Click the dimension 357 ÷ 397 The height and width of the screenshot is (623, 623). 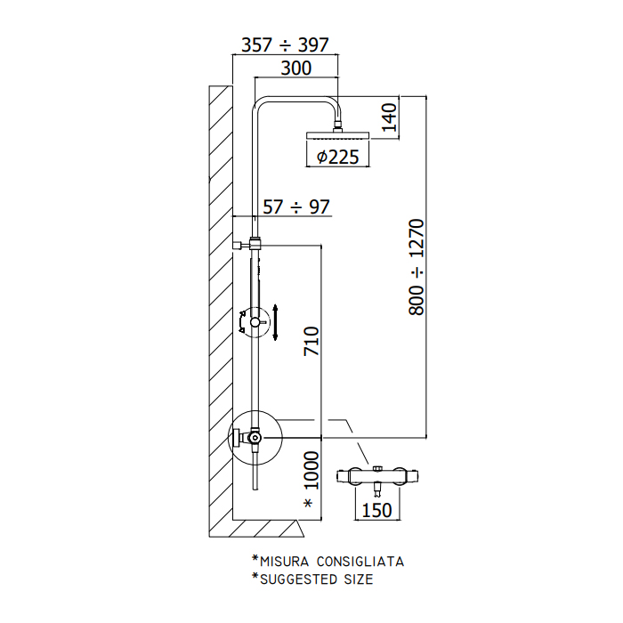click(286, 44)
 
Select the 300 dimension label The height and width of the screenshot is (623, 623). click(296, 69)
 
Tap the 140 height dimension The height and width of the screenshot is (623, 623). click(390, 117)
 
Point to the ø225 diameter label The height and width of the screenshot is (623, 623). click(337, 157)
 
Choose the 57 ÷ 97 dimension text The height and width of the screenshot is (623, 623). click(296, 207)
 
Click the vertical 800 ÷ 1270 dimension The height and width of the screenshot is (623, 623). click(417, 267)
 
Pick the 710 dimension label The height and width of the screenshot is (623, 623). click(311, 341)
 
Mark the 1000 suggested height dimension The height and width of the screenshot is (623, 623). click(311, 470)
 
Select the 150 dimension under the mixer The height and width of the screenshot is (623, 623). click(376, 510)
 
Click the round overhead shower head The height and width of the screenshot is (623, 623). click(337, 135)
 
